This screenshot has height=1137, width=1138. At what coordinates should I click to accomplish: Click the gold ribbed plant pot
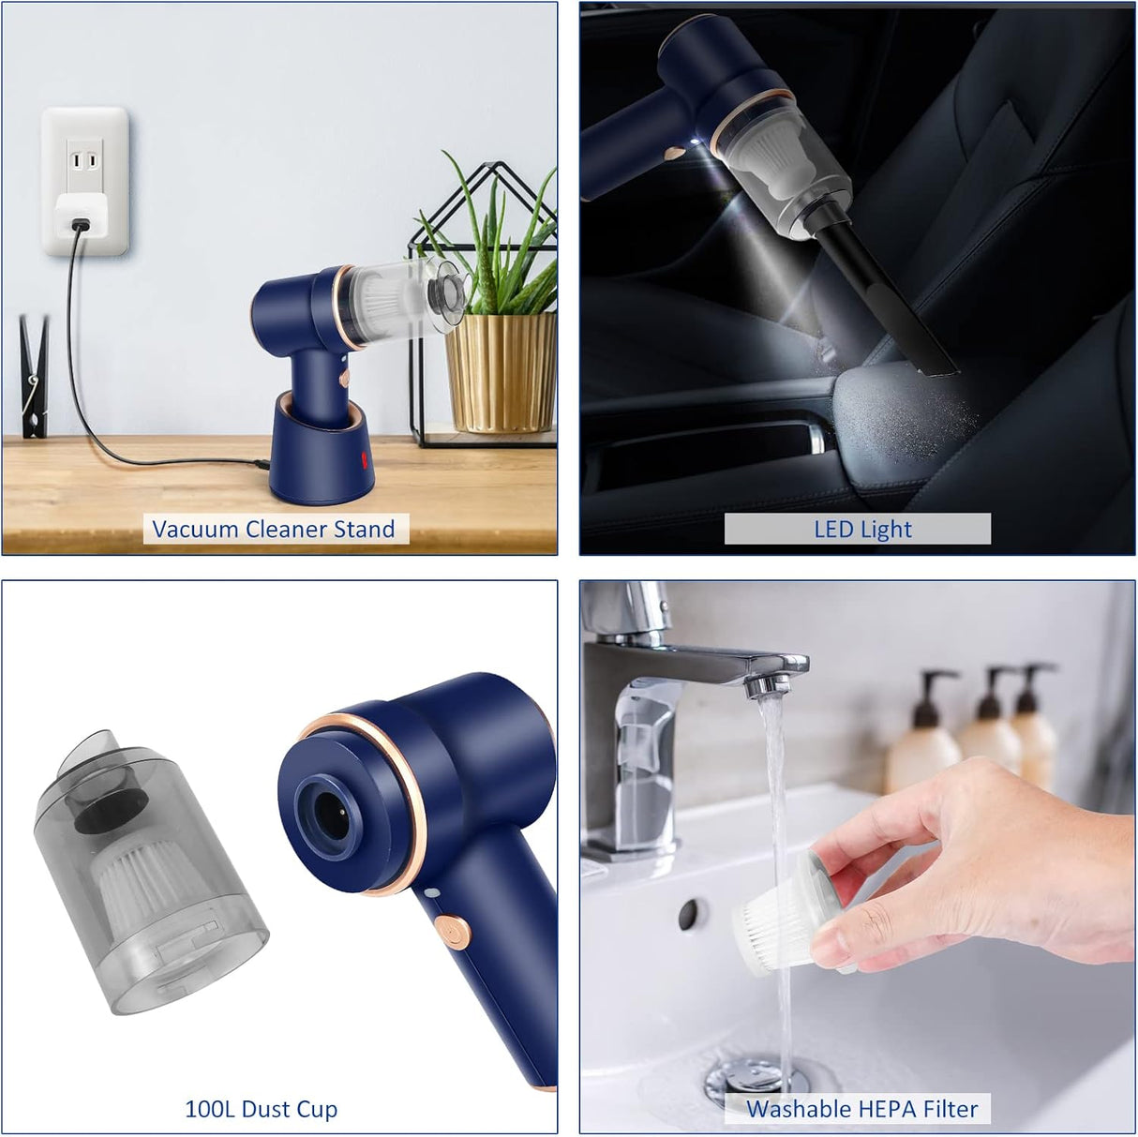click(x=501, y=372)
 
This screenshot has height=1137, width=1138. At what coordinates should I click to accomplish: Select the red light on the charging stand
click(x=365, y=460)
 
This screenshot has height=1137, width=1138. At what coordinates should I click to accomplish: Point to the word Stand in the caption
click(x=364, y=529)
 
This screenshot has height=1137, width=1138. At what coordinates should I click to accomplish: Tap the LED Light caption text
click(x=862, y=529)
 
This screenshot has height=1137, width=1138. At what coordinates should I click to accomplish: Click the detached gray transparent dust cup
click(x=147, y=872)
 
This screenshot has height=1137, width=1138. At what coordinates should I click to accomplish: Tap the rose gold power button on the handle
click(x=453, y=932)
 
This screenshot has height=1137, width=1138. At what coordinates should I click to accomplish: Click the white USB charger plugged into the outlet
click(x=81, y=216)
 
